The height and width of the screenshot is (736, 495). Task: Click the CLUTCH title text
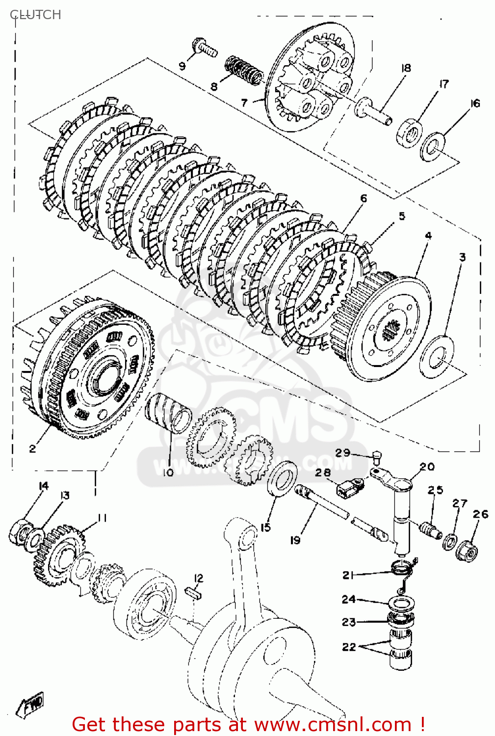(x=35, y=15)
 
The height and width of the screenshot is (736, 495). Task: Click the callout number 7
(x=244, y=103)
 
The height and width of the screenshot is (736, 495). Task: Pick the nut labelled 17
(x=409, y=132)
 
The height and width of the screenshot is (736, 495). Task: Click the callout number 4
(x=428, y=236)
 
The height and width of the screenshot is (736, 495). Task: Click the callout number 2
(x=32, y=448)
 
